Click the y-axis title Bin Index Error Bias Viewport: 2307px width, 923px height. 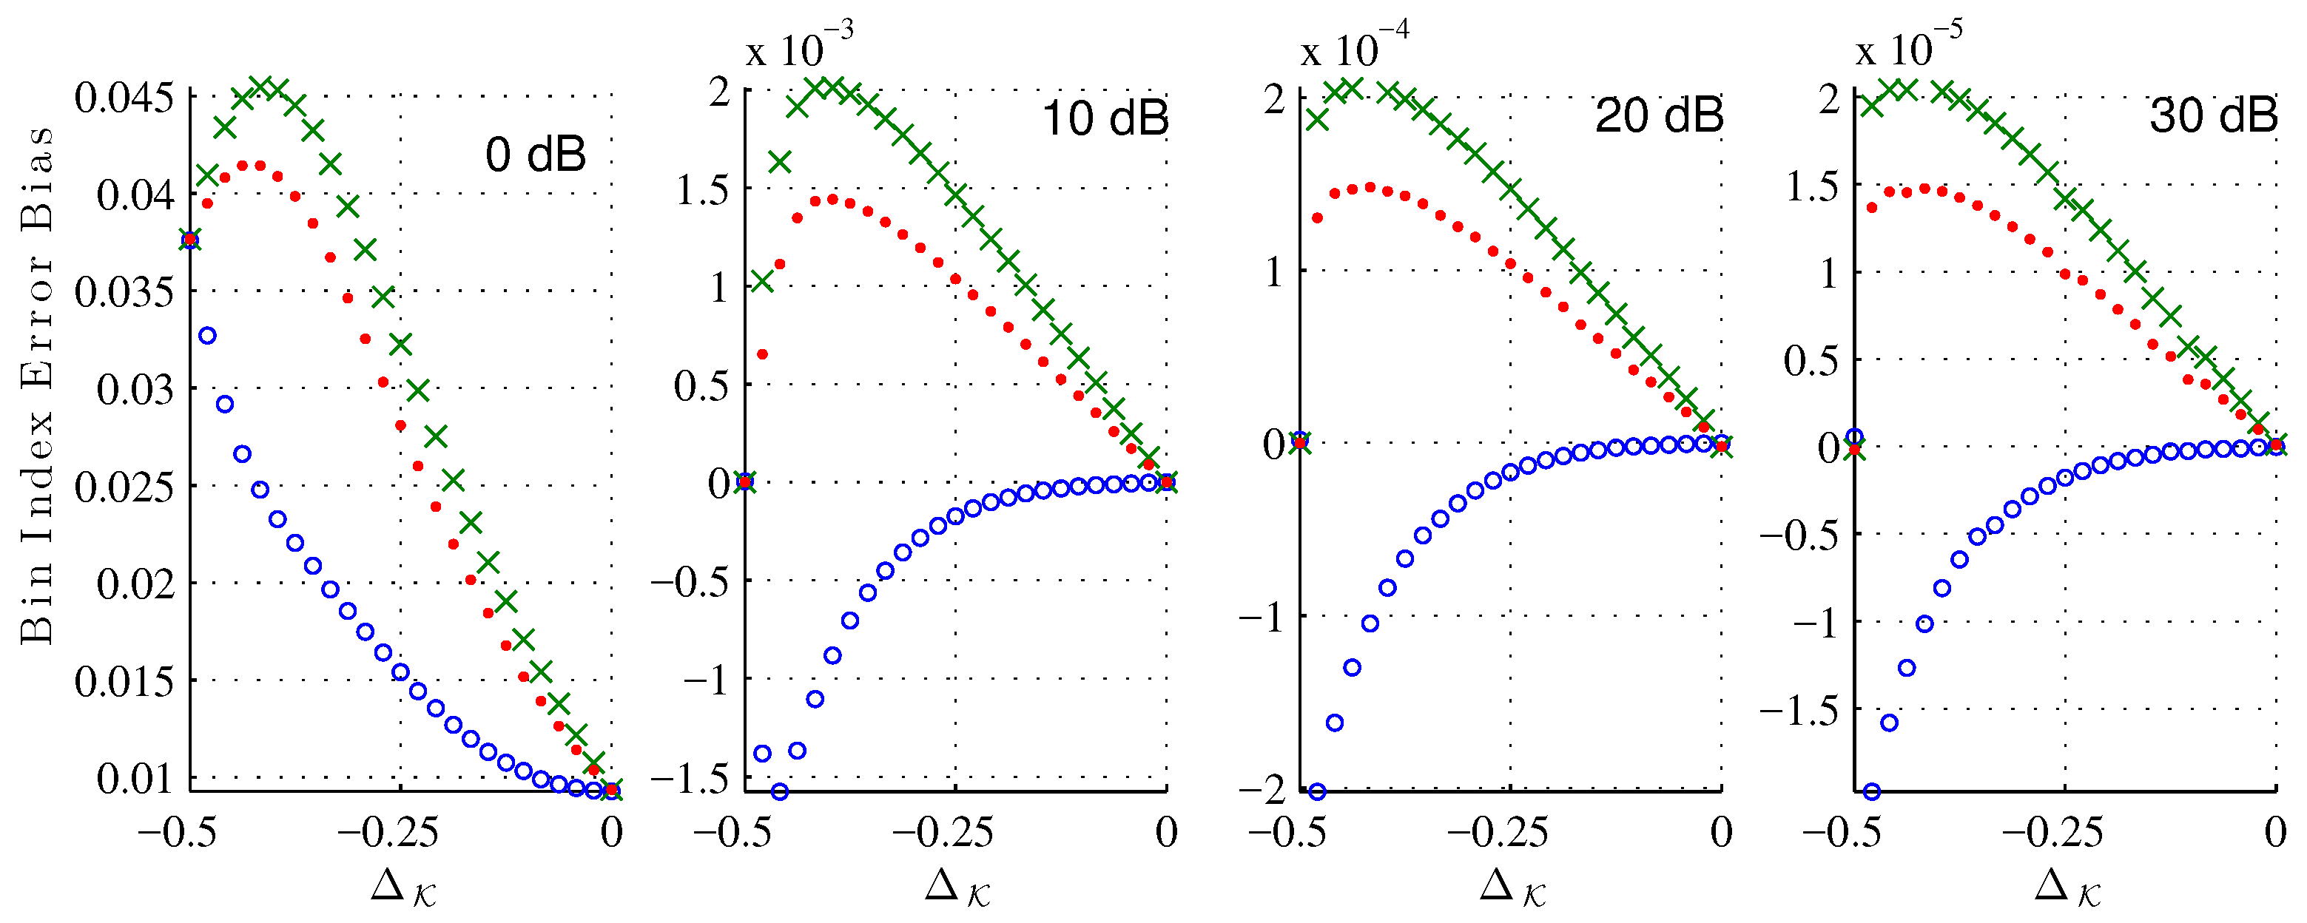click(x=38, y=385)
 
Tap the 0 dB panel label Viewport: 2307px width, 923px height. click(x=536, y=154)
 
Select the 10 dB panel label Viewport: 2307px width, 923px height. click(x=1105, y=118)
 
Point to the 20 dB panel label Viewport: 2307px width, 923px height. click(x=1660, y=115)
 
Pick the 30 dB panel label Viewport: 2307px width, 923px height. click(x=2213, y=115)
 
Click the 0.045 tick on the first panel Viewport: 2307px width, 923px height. click(x=124, y=98)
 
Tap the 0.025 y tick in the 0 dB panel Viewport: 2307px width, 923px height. click(x=124, y=487)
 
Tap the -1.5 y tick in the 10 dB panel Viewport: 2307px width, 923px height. click(x=690, y=779)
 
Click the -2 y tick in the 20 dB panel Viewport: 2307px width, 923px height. click(x=1263, y=788)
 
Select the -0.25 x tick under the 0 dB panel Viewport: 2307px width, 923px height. click(x=388, y=833)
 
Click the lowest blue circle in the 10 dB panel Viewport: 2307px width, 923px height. click(x=779, y=791)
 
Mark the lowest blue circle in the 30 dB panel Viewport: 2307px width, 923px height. click(x=1871, y=791)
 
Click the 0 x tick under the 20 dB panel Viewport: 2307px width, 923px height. click(x=1720, y=833)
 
